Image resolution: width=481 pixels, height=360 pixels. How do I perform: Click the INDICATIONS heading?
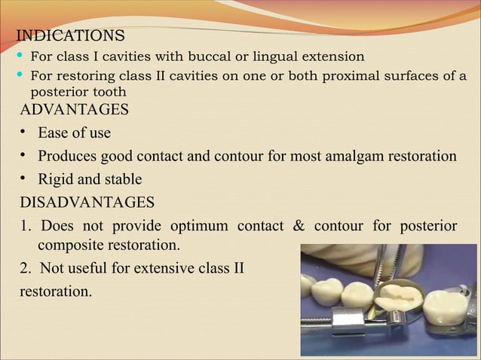point(70,35)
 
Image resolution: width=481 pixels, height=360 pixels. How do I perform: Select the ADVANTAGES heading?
point(74,110)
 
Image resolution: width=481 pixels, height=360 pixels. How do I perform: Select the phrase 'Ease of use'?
point(74,133)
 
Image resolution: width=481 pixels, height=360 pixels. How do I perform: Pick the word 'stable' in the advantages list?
point(123,180)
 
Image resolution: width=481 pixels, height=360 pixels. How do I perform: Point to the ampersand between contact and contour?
point(298,227)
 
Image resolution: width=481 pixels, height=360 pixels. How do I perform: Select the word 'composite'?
point(72,246)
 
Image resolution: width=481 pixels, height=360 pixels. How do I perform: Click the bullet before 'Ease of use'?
point(24,133)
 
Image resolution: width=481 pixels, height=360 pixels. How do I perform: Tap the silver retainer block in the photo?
point(349,322)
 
